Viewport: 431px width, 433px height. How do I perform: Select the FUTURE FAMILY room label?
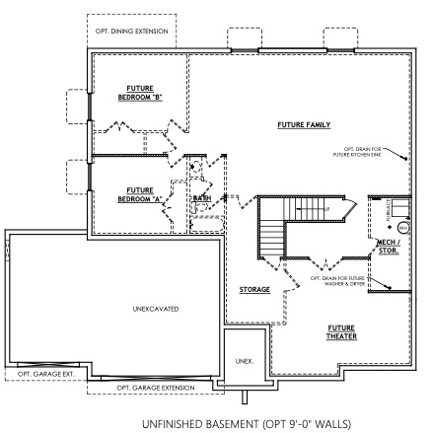pyautogui.click(x=304, y=125)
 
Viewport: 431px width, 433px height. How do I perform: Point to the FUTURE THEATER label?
pyautogui.click(x=342, y=331)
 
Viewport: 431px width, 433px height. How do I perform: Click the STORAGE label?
pyautogui.click(x=254, y=290)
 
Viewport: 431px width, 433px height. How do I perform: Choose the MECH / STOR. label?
pyautogui.click(x=388, y=246)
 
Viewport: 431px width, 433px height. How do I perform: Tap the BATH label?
pyautogui.click(x=202, y=199)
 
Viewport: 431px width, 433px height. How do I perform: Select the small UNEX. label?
pyautogui.click(x=245, y=361)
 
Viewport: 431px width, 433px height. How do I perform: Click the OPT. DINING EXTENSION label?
pyautogui.click(x=131, y=32)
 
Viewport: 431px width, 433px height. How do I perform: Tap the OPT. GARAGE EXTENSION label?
pyautogui.click(x=156, y=388)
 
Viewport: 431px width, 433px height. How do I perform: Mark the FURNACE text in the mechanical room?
pyautogui.click(x=387, y=207)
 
